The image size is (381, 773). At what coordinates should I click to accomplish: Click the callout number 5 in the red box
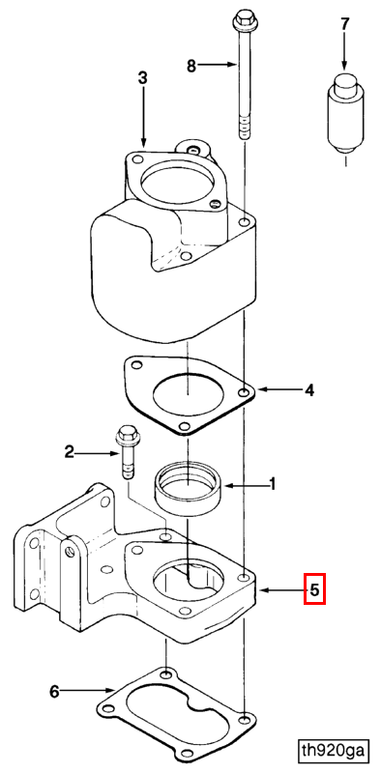pos(314,588)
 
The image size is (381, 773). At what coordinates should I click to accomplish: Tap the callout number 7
pos(344,23)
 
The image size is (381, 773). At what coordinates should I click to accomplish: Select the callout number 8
pos(191,66)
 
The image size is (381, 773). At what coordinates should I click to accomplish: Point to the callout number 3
pos(142,78)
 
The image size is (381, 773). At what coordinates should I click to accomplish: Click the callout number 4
pos(308,390)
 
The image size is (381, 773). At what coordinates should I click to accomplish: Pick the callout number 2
pos(70,450)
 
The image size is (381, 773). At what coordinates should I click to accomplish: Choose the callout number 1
pos(272,485)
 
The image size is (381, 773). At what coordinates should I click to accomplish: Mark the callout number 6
pos(54,692)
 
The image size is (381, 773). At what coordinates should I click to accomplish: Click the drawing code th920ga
pos(335,752)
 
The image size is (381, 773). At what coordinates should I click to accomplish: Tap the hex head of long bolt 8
pos(242,18)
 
